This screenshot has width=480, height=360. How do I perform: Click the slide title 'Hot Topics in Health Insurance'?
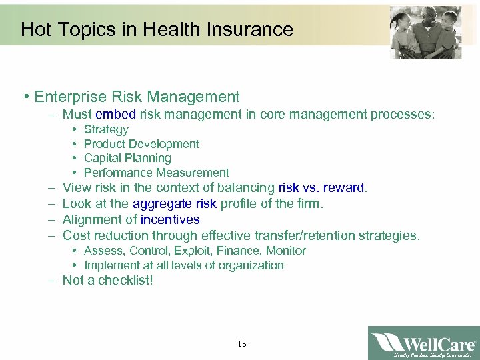(157, 29)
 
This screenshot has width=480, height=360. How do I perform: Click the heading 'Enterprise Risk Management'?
(137, 97)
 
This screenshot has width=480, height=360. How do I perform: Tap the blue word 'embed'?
(115, 115)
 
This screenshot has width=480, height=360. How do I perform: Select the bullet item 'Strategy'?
(106, 129)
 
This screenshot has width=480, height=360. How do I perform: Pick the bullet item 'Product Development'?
(141, 144)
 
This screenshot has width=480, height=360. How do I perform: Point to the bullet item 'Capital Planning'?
(127, 158)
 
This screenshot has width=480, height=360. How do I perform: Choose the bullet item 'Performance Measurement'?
(156, 173)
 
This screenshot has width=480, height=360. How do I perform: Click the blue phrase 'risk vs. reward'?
(321, 188)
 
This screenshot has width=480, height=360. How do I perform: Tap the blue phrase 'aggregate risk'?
(175, 203)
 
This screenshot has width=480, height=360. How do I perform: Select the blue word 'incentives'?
(170, 219)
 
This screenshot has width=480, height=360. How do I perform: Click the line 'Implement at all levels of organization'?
(184, 265)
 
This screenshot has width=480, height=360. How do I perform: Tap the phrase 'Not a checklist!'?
(107, 281)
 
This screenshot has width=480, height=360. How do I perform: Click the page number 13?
(241, 344)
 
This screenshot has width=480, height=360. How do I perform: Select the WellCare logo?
(423, 343)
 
